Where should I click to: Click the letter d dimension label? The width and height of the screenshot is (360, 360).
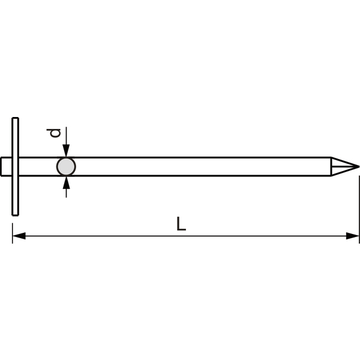pyautogui.click(x=54, y=133)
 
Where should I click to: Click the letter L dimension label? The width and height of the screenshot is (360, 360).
pyautogui.click(x=181, y=224)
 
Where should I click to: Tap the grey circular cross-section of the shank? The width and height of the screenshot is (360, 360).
pyautogui.click(x=66, y=167)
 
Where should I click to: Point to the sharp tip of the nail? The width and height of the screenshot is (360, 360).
pyautogui.click(x=359, y=167)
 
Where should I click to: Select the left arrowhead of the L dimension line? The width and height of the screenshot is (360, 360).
pyautogui.click(x=19, y=236)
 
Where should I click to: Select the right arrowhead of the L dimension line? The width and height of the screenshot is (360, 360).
pyautogui.click(x=352, y=236)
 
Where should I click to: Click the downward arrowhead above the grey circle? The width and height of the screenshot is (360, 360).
pyautogui.click(x=66, y=151)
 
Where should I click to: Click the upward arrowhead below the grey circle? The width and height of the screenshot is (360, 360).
pyautogui.click(x=66, y=183)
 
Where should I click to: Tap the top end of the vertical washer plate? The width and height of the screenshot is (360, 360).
pyautogui.click(x=15, y=118)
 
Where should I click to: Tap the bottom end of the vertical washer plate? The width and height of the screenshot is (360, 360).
pyautogui.click(x=15, y=215)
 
